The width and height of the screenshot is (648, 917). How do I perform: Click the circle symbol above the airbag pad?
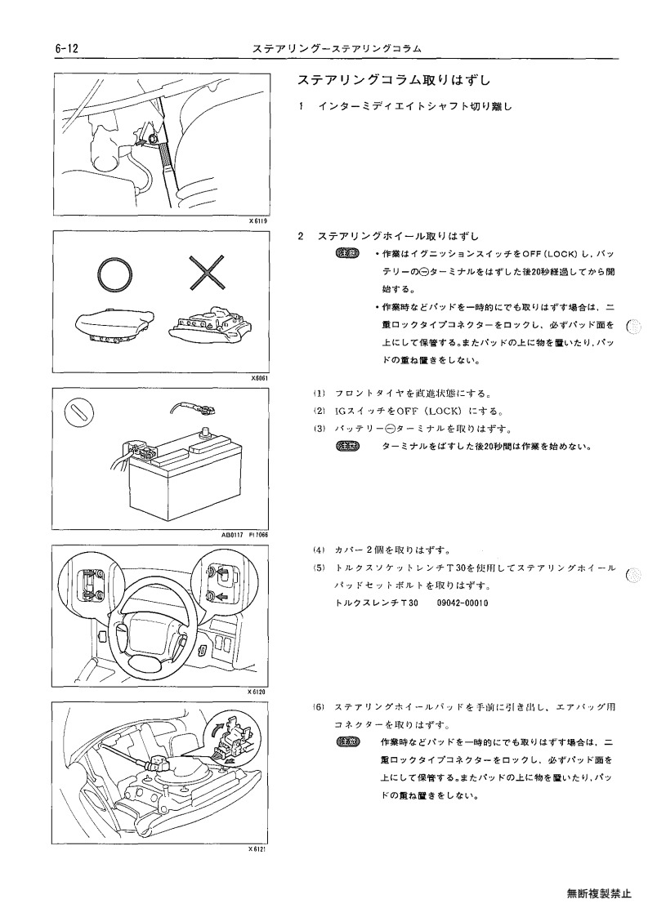[x=114, y=273]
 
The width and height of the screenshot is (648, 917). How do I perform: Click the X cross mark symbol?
[x=208, y=271]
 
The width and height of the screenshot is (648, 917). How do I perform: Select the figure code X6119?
[x=257, y=221]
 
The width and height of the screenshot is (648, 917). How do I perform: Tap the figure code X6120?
[x=257, y=692]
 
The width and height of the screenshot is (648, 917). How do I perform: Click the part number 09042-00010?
[x=463, y=603]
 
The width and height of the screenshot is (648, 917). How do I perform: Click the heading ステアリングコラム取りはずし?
[x=394, y=80]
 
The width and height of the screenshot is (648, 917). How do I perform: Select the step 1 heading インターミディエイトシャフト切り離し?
[x=415, y=106]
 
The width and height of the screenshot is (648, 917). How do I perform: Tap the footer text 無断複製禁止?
[x=599, y=893]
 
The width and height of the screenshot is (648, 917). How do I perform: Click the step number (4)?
[x=319, y=550]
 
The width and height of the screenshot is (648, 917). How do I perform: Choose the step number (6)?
[x=319, y=707]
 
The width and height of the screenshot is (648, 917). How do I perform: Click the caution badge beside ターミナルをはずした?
[x=348, y=447]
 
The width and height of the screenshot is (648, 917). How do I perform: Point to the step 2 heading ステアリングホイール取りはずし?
[x=399, y=236]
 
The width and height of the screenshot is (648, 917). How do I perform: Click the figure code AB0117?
[x=232, y=535]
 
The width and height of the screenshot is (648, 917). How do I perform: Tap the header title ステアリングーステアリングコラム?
[x=337, y=49]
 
